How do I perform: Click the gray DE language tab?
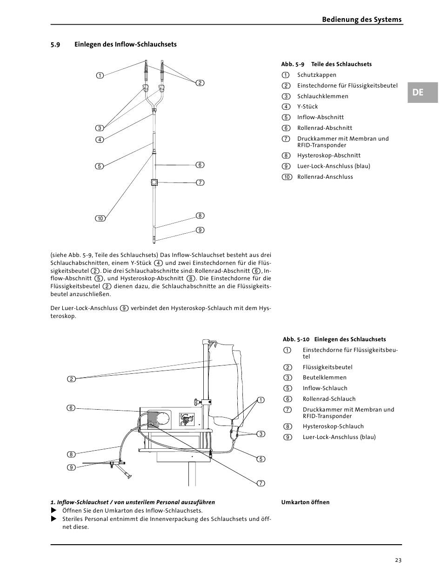point(422,92)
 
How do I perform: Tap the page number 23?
point(398,560)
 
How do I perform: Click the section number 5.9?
point(55,45)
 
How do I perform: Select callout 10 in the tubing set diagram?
point(100,218)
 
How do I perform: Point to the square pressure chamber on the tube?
point(154,182)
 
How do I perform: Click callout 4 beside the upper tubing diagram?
point(100,140)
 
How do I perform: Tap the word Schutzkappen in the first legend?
point(317,75)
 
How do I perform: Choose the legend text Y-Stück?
point(308,107)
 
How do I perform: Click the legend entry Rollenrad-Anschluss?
point(325,177)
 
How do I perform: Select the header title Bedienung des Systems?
point(362,20)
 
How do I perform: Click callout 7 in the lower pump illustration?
point(261,483)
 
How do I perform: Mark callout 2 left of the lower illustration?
point(72,379)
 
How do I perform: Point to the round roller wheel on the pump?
point(162,419)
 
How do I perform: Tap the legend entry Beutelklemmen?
point(325,378)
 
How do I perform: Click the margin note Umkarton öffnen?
point(305,502)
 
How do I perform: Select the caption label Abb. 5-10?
point(296,339)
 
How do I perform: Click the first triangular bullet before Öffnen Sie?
point(54,510)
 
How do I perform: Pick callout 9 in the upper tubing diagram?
point(200,230)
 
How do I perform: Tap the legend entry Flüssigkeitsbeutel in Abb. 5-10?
point(328,367)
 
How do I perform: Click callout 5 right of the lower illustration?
point(261,459)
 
